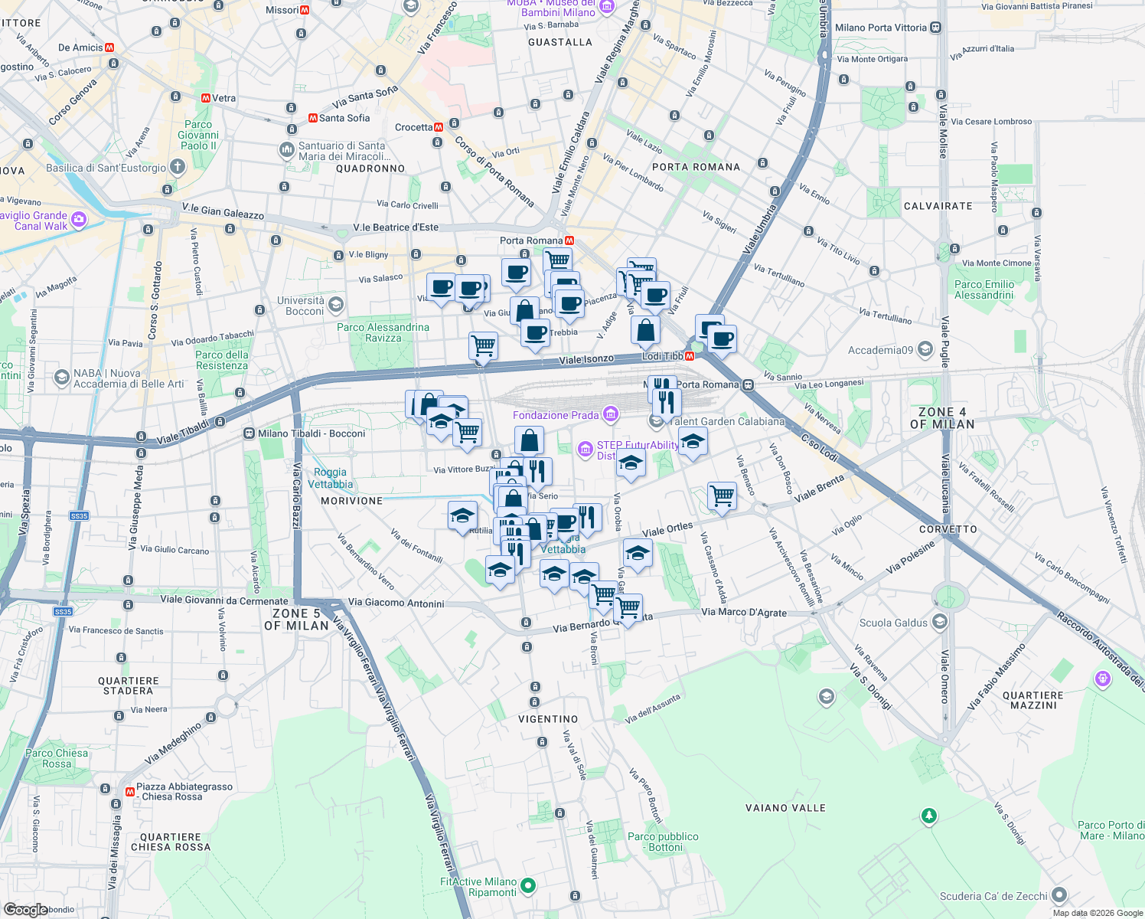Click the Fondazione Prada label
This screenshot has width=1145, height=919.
click(x=556, y=415)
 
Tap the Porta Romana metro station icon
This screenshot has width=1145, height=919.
click(x=569, y=240)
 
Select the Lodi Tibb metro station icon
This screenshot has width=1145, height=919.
click(x=690, y=356)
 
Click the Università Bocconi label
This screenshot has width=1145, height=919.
click(x=301, y=306)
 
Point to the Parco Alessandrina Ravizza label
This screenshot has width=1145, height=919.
click(x=383, y=332)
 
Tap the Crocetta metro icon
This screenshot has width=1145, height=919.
click(x=439, y=127)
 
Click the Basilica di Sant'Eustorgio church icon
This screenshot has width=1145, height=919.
click(x=178, y=167)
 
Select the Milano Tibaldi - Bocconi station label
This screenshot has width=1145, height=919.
click(x=312, y=433)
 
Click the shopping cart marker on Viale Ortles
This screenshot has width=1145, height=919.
click(x=722, y=495)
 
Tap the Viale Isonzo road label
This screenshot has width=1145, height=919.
click(x=586, y=359)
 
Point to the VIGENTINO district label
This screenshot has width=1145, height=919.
click(x=548, y=719)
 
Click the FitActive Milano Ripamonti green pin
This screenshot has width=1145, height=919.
click(x=527, y=886)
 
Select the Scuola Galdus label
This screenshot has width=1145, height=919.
click(x=893, y=623)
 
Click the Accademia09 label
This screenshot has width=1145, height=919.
click(x=880, y=350)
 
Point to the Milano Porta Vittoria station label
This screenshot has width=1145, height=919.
click(x=880, y=28)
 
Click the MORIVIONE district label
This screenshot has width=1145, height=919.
click(x=351, y=501)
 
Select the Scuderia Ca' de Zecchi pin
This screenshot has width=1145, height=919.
click(x=1059, y=894)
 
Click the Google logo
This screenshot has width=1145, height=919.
click(x=26, y=910)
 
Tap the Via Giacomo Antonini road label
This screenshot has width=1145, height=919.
click(x=396, y=603)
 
